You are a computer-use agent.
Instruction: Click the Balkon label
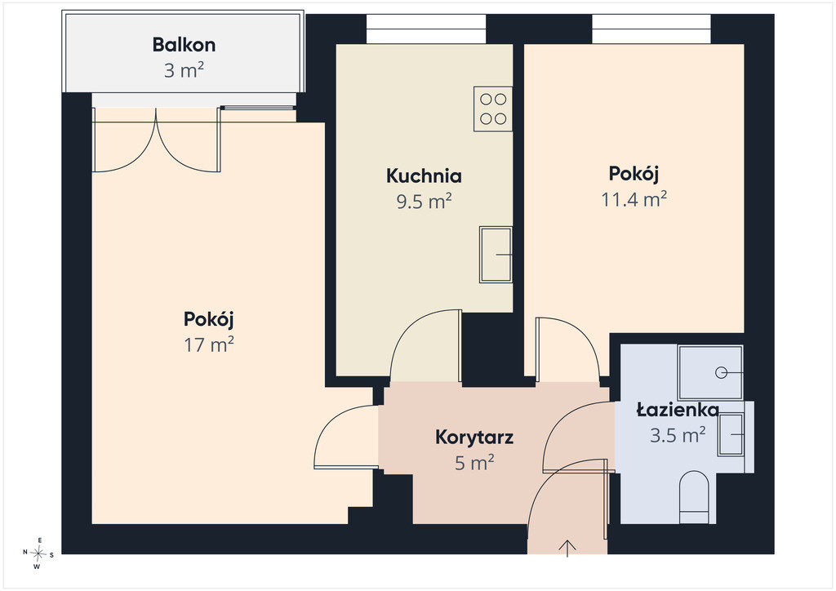coord(184,45)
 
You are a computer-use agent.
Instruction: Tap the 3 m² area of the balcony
coord(184,70)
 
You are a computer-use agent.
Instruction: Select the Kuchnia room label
coord(424,176)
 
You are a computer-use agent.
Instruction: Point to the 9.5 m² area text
coord(424,202)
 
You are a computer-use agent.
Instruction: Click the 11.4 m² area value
coord(634,199)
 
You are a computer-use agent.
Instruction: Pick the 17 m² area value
coord(209,344)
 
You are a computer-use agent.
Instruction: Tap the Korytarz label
coord(474,438)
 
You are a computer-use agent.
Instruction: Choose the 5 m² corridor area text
coord(474,463)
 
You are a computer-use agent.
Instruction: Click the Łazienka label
coord(678,410)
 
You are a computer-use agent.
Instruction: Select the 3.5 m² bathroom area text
coord(678,435)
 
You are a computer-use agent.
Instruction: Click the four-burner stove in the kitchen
coord(493,109)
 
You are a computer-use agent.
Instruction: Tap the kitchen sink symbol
coord(496,254)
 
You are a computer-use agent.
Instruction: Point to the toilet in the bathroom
coord(694,496)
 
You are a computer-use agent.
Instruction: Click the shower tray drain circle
coord(722,372)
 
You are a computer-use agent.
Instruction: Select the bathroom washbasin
coord(731,434)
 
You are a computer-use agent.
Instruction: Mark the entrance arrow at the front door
coord(567,549)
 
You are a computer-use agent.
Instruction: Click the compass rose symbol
coord(38,553)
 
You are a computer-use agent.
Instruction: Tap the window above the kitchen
coord(426,29)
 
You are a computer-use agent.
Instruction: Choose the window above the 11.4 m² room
coord(651,29)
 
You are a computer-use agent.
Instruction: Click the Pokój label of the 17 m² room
coord(209,319)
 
